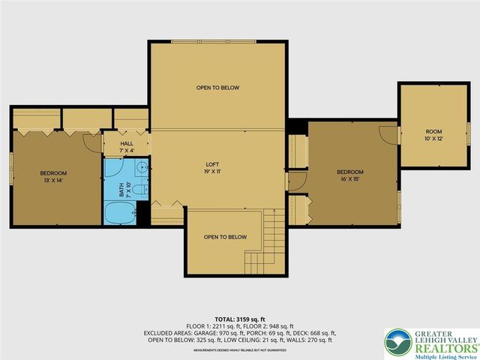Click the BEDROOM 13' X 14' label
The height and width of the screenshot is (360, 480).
(53, 177)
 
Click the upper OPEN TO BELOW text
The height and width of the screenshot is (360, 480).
(217, 88)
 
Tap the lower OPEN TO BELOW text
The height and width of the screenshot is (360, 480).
(225, 237)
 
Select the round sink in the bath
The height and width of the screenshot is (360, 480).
(141, 168)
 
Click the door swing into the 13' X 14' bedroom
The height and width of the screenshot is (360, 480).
(91, 142)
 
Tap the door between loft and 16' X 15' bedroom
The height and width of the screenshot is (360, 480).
(296, 181)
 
